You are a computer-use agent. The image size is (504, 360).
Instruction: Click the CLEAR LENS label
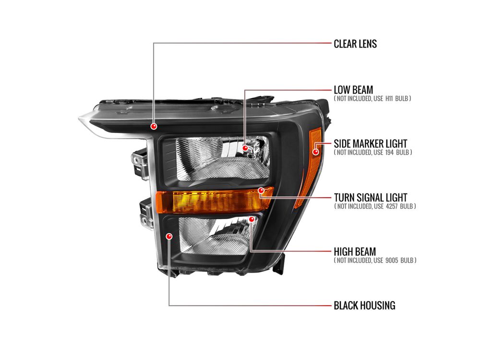[x=355, y=44]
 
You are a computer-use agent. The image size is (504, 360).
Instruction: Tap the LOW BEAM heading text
[x=353, y=90]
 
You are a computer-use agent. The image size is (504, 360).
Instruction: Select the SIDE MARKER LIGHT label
[x=370, y=144]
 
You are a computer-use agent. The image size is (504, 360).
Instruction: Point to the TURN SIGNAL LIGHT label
[x=370, y=197]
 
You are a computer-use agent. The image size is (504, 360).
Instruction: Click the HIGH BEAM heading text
[x=355, y=252]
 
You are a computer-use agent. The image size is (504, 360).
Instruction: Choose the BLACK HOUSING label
[x=364, y=305]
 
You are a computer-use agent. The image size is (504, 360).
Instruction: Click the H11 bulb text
[x=389, y=99]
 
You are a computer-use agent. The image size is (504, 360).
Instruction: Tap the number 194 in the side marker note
[x=389, y=152]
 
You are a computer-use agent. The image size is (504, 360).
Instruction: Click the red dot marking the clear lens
[x=154, y=126]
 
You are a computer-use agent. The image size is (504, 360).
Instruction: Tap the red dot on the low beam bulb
[x=245, y=148]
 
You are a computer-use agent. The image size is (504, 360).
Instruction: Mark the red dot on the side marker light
[x=316, y=151]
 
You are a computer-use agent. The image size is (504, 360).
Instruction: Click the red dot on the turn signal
[x=261, y=191]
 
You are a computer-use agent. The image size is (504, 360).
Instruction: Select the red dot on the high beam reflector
[x=252, y=219]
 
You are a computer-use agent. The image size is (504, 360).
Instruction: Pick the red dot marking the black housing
[x=169, y=237]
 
